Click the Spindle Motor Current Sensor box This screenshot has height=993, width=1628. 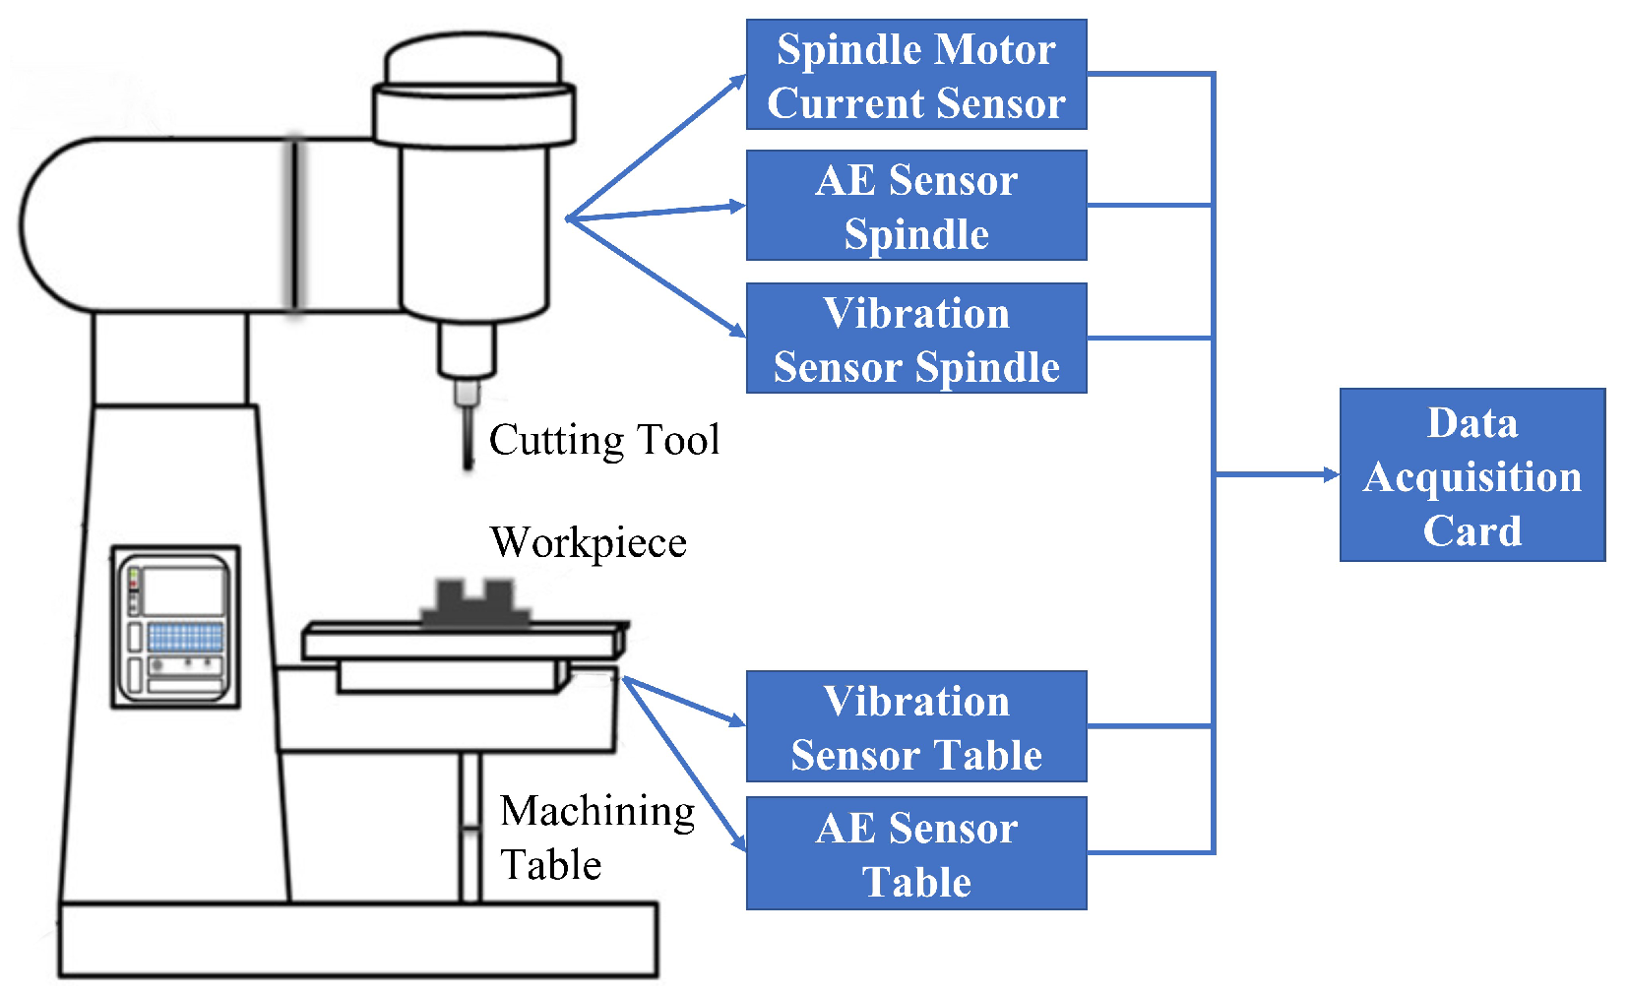(x=915, y=75)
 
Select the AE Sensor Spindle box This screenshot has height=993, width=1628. (x=915, y=206)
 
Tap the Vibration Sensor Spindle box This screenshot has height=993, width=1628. (x=915, y=339)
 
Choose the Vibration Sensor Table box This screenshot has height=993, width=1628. (x=915, y=727)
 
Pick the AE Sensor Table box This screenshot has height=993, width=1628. (x=915, y=853)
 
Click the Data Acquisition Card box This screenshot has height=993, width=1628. (x=1471, y=475)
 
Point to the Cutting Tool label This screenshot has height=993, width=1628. (x=603, y=440)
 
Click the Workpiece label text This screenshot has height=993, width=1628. (x=588, y=542)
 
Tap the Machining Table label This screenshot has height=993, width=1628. (x=595, y=838)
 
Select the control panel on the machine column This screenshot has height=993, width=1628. (x=175, y=627)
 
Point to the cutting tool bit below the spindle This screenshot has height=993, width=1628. (x=468, y=433)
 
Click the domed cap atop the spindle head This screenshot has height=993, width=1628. (x=472, y=59)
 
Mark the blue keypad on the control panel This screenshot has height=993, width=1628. (x=185, y=637)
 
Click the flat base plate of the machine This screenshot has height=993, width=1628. (x=357, y=940)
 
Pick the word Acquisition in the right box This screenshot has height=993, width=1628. (x=1471, y=478)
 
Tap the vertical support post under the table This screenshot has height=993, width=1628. (x=470, y=827)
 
